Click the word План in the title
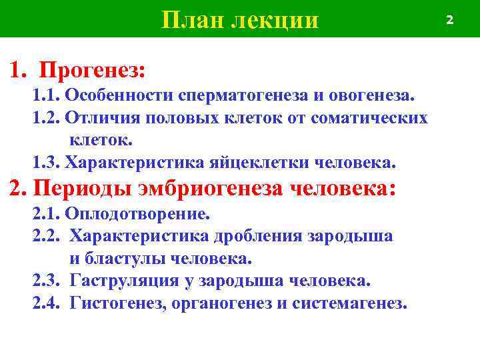(192, 20)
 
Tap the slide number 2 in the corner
(449, 20)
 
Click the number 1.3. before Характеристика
(47, 163)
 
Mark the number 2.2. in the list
(47, 237)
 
